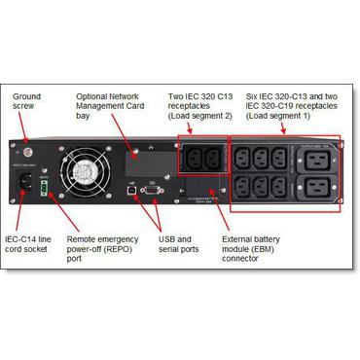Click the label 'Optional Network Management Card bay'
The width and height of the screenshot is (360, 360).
(x=118, y=104)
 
